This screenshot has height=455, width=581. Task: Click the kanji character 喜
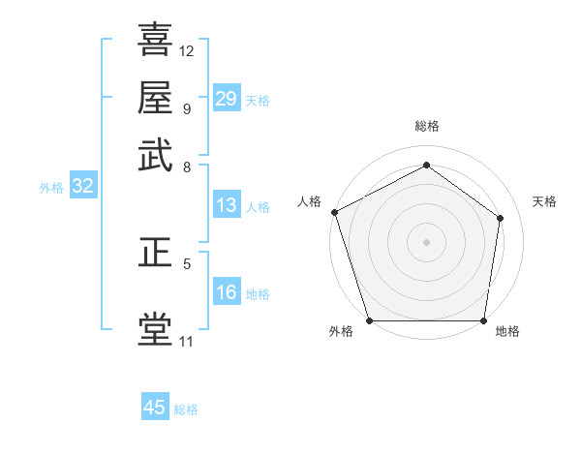tap(155, 40)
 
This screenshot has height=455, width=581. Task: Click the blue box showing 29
tap(226, 99)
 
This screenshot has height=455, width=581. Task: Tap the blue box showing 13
tap(226, 205)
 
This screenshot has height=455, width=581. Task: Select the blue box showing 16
tap(226, 292)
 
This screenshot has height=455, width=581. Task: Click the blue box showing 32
tap(82, 187)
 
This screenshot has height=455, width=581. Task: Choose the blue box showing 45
tap(155, 408)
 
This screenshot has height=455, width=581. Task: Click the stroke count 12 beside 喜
tap(187, 50)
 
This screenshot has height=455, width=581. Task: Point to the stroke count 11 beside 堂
tap(186, 341)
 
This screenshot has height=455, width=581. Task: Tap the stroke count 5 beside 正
tap(186, 263)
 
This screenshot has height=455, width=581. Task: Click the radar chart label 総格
tap(426, 126)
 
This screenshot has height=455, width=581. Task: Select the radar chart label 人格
tap(310, 201)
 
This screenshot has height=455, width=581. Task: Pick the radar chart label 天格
tap(544, 201)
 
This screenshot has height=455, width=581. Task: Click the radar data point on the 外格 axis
tap(369, 320)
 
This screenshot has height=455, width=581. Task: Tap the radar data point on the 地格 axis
tap(483, 320)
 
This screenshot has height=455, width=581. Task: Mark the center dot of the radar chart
tap(426, 241)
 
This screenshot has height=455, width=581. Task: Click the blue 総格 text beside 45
tap(186, 409)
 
